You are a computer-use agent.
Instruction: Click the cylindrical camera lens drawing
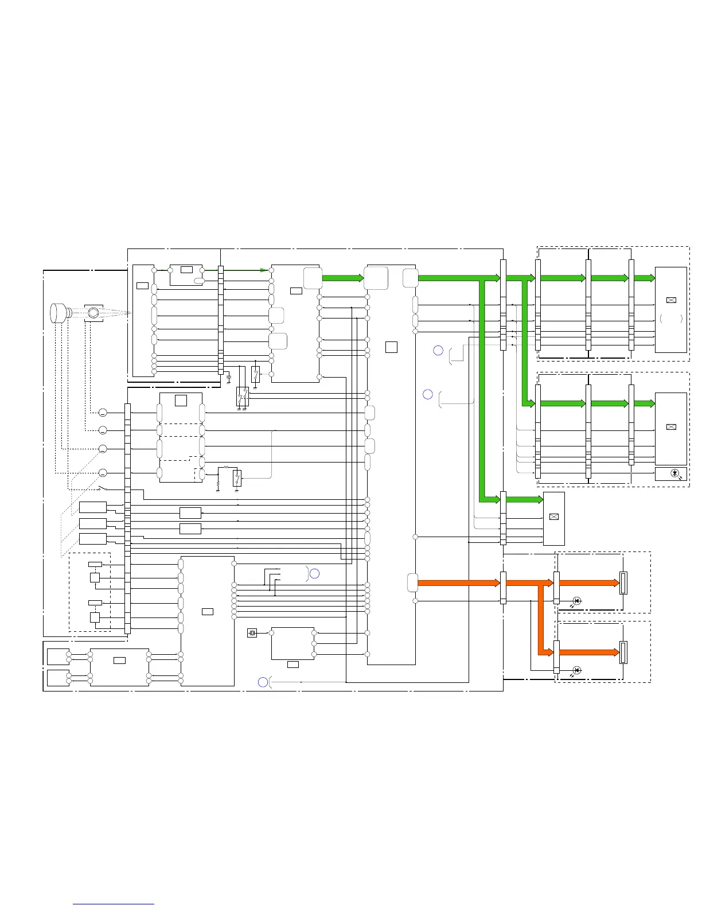click(59, 313)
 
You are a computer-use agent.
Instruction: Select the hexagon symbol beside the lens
click(93, 313)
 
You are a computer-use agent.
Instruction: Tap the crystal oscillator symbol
click(252, 633)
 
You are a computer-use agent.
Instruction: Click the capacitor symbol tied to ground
click(229, 379)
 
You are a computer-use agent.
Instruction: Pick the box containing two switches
click(243, 397)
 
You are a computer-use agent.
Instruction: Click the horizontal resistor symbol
click(226, 468)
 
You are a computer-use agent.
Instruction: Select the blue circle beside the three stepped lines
click(314, 573)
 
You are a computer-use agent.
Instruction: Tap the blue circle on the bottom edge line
click(263, 682)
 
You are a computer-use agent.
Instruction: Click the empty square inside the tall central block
click(391, 347)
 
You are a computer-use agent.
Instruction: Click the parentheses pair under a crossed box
click(670, 318)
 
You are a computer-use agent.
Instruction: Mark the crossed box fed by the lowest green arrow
click(553, 516)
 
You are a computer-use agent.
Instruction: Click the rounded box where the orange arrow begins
click(412, 582)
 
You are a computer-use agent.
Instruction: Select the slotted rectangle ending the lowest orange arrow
click(623, 652)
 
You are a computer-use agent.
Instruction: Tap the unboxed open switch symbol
click(104, 488)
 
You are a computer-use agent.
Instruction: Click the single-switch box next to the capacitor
click(255, 374)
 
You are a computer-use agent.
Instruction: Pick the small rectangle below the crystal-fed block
click(292, 664)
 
